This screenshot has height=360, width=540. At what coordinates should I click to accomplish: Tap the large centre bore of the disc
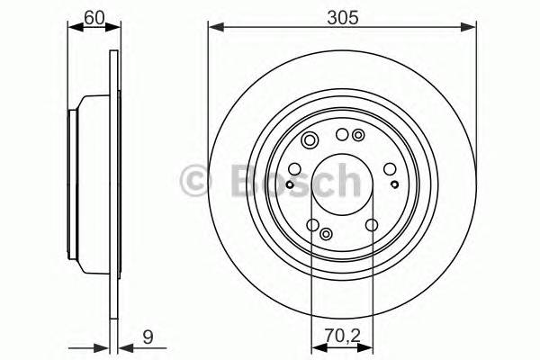340,180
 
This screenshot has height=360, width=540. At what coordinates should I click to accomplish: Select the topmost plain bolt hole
341,135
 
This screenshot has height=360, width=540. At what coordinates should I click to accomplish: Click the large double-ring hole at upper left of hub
310,139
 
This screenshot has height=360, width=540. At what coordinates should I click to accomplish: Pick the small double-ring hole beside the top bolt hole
358,136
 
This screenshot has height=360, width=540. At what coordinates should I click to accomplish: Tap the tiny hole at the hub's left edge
288,185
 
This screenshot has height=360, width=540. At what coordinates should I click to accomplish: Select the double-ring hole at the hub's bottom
326,233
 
